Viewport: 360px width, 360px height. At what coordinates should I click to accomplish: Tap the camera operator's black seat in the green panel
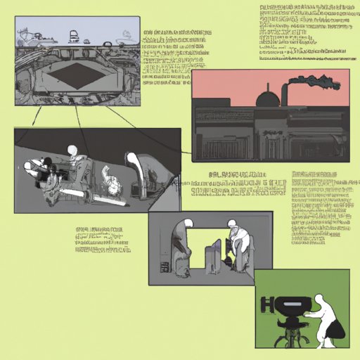[x=338, y=334]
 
